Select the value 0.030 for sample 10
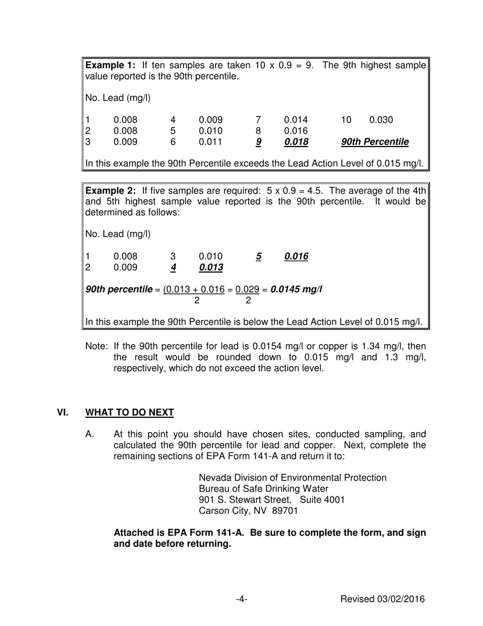(x=381, y=120)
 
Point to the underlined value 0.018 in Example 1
(x=296, y=143)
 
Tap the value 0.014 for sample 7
(x=296, y=120)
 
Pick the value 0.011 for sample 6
(x=210, y=143)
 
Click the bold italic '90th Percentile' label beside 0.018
(x=375, y=143)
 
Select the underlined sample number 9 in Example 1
(x=258, y=143)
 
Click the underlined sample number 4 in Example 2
(x=173, y=268)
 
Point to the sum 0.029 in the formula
(x=248, y=290)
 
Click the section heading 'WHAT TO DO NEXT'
(x=130, y=413)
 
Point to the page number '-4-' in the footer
(x=242, y=600)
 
